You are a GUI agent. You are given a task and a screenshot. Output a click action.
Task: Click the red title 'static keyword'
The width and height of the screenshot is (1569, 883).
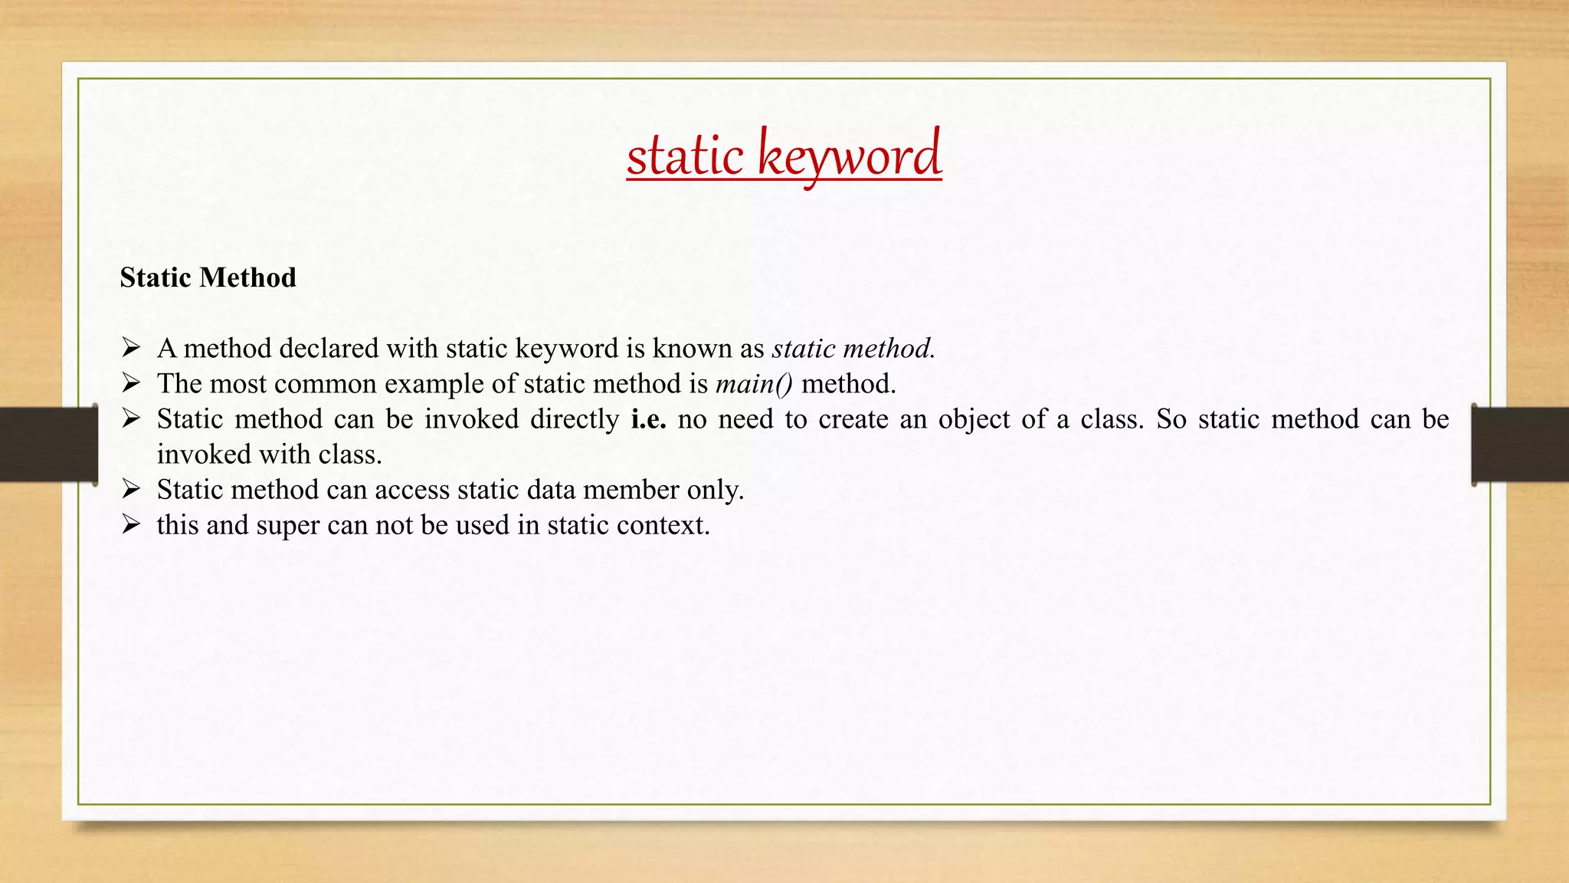click(x=784, y=156)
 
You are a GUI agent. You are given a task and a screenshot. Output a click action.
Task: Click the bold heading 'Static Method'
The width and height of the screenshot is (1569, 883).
click(x=208, y=277)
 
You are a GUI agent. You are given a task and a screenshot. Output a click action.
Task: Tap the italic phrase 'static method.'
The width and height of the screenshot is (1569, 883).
click(x=853, y=349)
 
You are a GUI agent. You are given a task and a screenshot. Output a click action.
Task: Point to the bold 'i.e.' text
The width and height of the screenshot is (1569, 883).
click(x=648, y=419)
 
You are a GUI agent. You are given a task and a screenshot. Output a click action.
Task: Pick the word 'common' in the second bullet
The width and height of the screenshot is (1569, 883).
click(x=326, y=384)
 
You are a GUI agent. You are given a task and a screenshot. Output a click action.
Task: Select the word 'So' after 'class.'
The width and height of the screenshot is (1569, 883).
click(x=1171, y=419)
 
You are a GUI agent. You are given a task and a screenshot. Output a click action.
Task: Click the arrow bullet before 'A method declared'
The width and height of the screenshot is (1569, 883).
click(x=131, y=349)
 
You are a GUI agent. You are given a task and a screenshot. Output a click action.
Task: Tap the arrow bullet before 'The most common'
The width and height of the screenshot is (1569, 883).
click(x=131, y=384)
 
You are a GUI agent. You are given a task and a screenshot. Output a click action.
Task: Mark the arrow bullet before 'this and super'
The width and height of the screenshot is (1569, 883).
click(x=131, y=525)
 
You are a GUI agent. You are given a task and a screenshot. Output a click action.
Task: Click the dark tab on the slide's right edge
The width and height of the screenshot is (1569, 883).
click(x=1520, y=445)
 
